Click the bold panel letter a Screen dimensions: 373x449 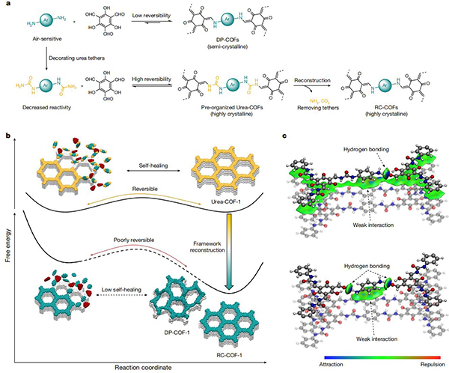pos(7,5)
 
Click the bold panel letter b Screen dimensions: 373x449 pos(7,135)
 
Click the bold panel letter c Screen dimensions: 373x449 pos(278,135)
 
